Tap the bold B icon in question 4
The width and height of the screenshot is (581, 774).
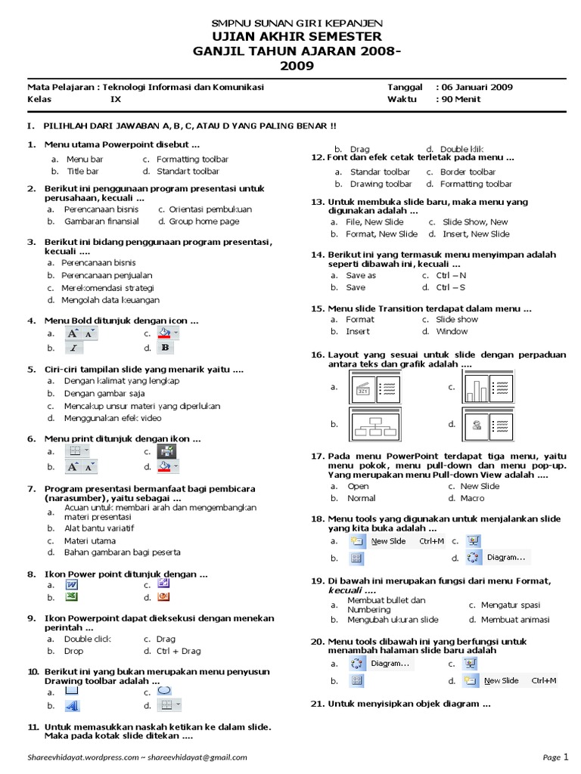pos(165,348)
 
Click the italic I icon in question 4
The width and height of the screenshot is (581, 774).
pos(73,348)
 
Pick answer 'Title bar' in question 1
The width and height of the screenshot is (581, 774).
pos(82,172)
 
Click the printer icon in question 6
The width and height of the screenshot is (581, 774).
pos(166,452)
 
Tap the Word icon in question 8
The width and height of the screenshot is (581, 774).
pos(73,584)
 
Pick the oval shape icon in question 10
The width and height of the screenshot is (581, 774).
pos(165,690)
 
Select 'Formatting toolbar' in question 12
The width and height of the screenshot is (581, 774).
pos(476,184)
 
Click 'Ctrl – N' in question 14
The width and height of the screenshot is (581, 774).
pos(451,275)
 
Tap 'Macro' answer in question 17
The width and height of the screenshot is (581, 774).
pos(472,498)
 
